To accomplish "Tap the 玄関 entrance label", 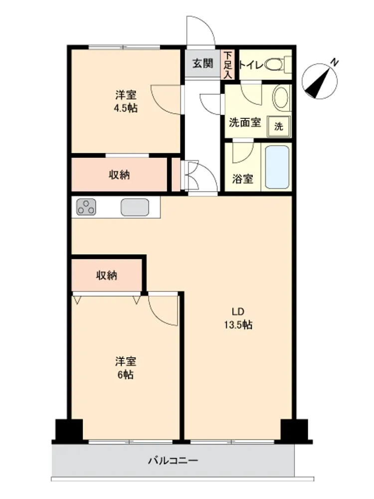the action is click(202, 64).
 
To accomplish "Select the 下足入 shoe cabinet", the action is click(228, 64).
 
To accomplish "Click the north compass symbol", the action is click(320, 80).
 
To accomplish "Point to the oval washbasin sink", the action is click(281, 97).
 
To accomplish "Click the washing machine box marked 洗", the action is click(279, 126).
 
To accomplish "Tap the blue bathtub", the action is click(277, 167).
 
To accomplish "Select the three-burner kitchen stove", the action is click(86, 207).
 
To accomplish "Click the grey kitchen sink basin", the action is click(135, 207).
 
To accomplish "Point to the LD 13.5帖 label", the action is click(238, 318).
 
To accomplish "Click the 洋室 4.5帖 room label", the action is click(126, 101).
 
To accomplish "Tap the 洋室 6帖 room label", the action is click(126, 368).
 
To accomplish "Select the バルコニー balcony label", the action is click(174, 461).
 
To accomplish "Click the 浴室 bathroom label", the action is click(242, 179).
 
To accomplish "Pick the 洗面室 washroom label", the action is click(245, 123).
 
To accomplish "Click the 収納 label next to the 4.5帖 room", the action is click(119, 175).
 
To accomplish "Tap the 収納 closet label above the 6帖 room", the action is click(107, 275).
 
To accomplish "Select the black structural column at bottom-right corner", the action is click(295, 431).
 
